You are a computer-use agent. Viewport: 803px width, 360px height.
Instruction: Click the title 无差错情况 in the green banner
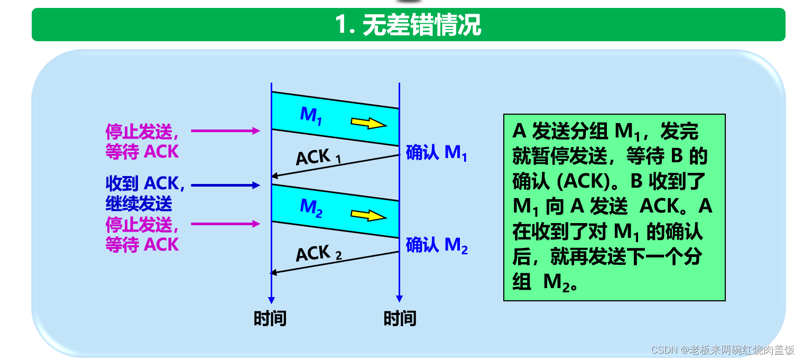click(408, 25)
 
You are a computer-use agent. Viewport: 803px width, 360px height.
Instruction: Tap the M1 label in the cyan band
click(311, 115)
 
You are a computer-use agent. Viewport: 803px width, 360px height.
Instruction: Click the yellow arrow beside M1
click(369, 123)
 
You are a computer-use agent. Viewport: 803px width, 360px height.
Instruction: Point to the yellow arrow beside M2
click(369, 215)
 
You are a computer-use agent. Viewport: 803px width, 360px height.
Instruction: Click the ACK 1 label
click(318, 158)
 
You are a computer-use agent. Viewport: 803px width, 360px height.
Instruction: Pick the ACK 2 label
click(318, 254)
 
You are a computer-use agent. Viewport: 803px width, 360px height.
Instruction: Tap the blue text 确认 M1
click(436, 153)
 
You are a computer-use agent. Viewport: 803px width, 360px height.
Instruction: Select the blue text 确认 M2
click(437, 245)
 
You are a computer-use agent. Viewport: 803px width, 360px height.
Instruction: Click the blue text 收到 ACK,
click(145, 183)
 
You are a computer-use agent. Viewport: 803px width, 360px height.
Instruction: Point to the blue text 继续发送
click(139, 204)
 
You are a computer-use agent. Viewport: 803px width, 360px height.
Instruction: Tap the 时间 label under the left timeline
click(270, 318)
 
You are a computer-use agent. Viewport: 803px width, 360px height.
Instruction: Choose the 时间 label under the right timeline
click(400, 318)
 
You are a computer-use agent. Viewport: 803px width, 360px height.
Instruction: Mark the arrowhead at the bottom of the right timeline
click(399, 298)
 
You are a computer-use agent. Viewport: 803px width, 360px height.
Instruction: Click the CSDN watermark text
click(723, 350)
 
